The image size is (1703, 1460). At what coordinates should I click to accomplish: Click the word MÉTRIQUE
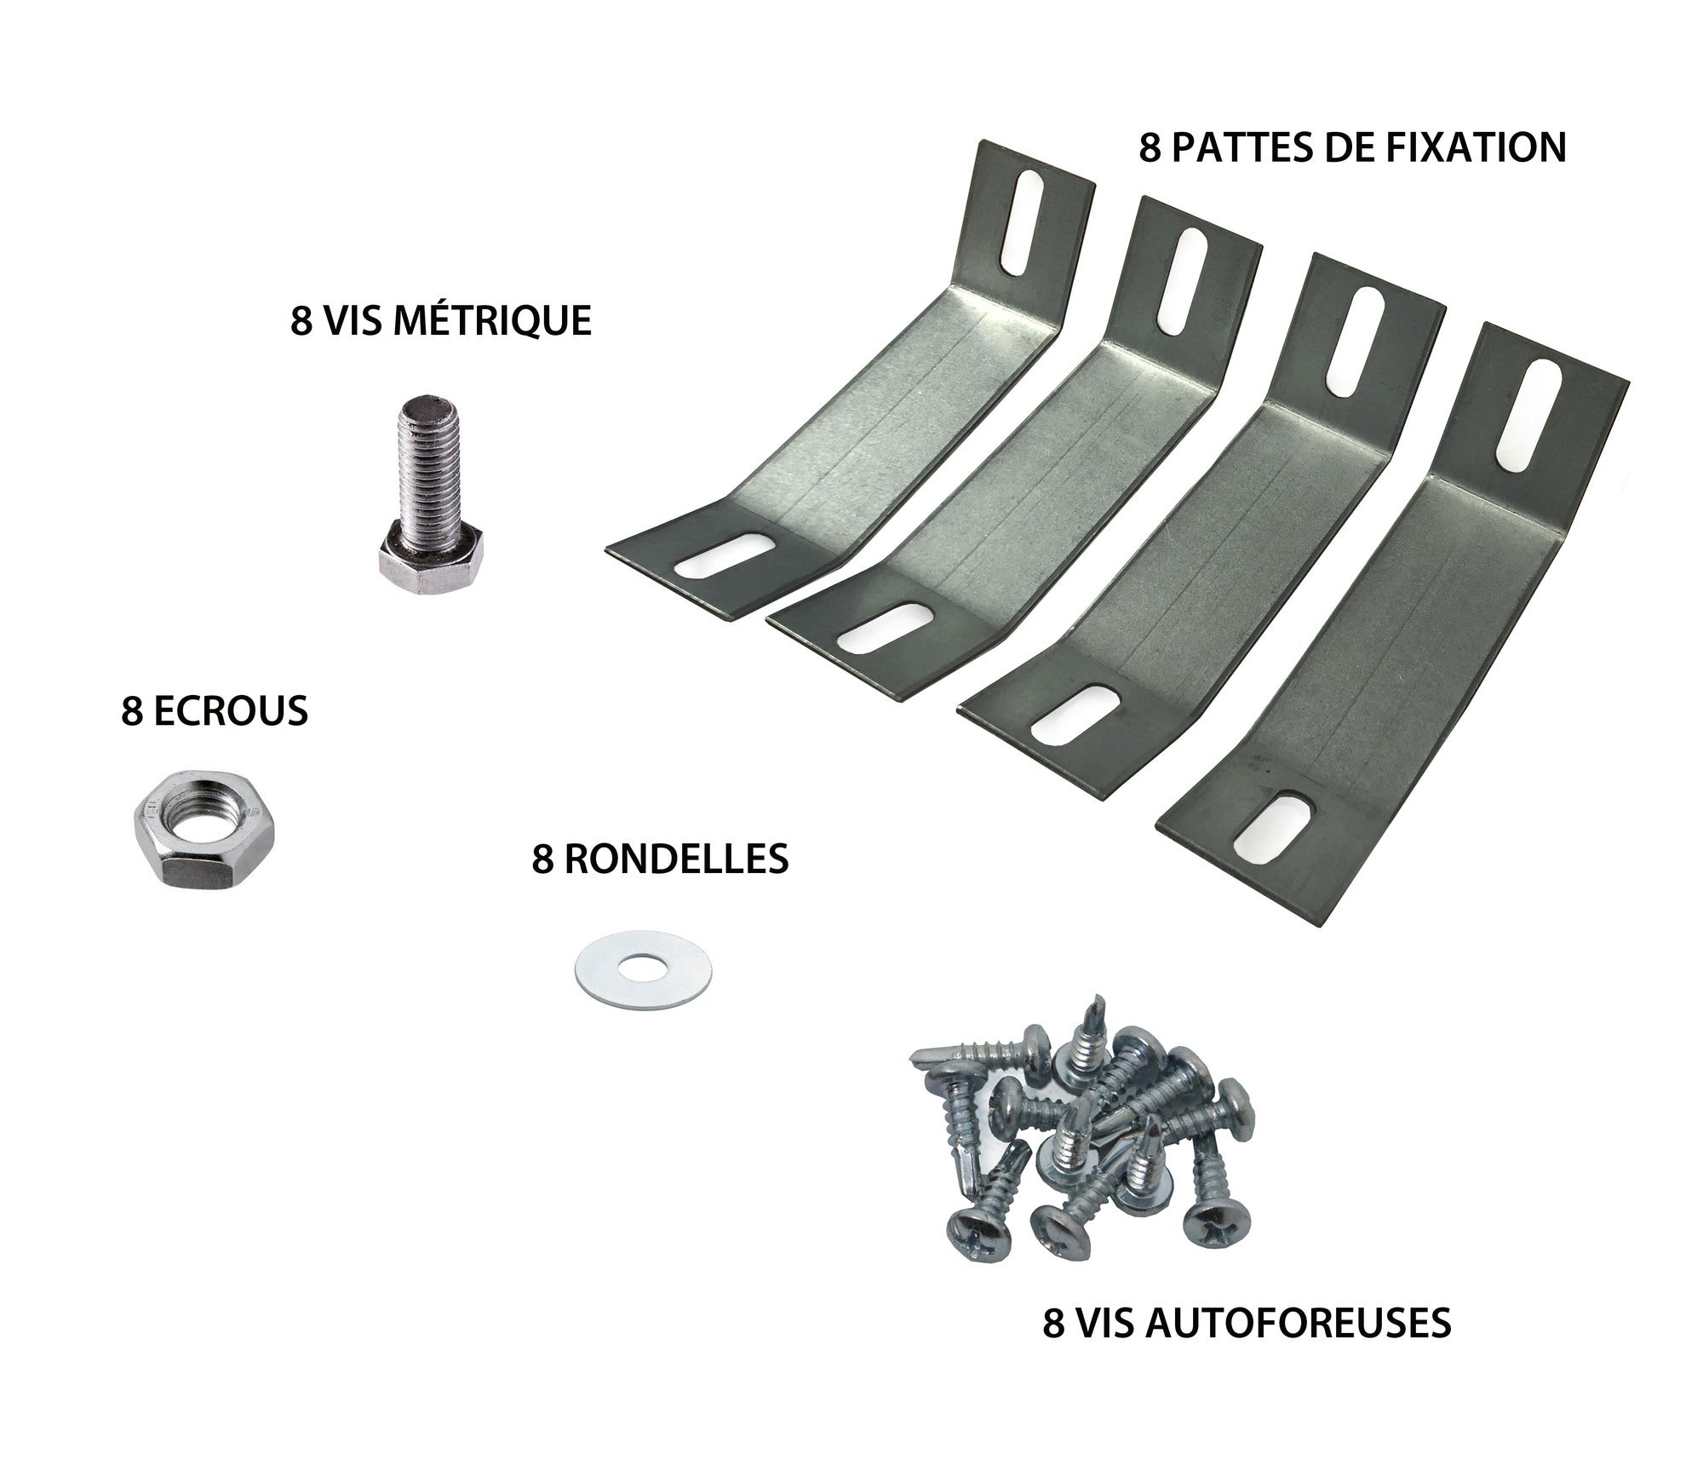click(496, 322)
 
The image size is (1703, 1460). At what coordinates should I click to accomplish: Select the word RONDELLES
click(676, 859)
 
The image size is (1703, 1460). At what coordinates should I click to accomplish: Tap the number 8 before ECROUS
click(131, 711)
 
